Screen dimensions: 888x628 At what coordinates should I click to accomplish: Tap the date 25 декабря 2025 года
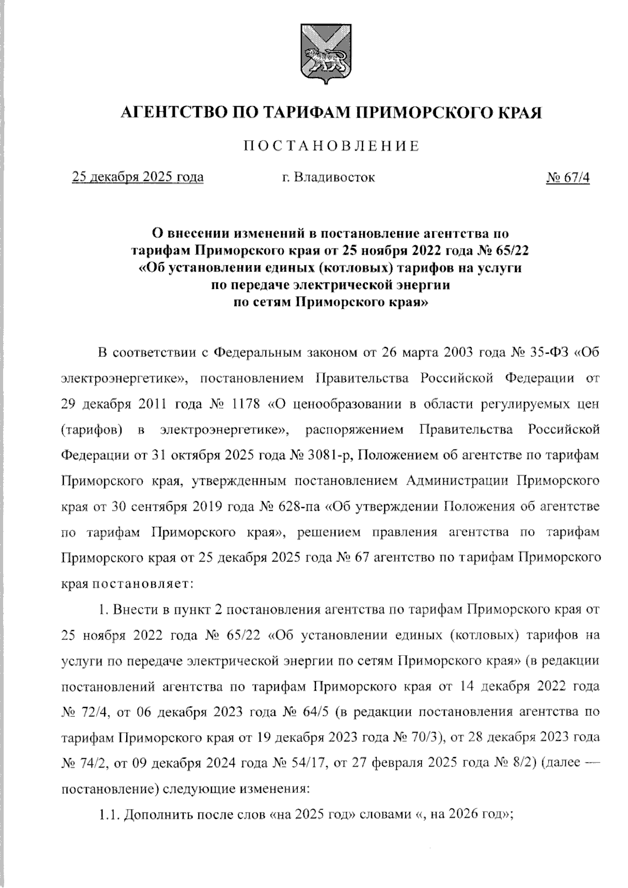[138, 177]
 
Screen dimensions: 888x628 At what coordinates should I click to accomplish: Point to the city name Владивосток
[334, 177]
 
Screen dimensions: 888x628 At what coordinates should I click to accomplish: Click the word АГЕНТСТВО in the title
[173, 112]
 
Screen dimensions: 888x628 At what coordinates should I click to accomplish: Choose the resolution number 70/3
[425, 737]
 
